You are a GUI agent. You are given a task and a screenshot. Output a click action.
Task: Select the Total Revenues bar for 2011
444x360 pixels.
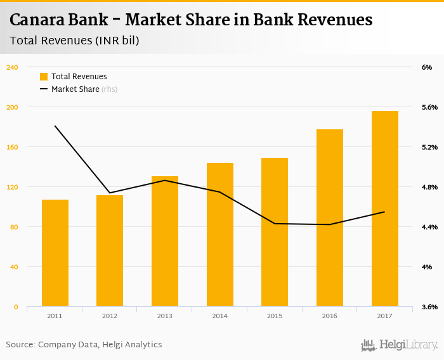pyautogui.click(x=55, y=253)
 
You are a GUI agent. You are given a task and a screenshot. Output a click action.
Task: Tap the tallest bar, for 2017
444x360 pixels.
pyautogui.click(x=385, y=209)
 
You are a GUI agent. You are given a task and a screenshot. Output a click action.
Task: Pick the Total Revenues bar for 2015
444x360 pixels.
pyautogui.click(x=275, y=232)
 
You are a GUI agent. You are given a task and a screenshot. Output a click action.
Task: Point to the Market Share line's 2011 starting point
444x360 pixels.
pyautogui.click(x=55, y=126)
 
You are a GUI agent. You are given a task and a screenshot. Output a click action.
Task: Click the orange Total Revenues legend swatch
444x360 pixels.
pyautogui.click(x=44, y=77)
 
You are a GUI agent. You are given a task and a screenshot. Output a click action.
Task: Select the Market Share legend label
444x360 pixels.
pyautogui.click(x=75, y=89)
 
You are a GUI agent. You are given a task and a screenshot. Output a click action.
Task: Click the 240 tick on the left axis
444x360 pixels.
pyautogui.click(x=12, y=67)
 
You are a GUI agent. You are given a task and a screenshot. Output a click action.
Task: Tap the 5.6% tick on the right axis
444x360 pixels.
pyautogui.click(x=429, y=107)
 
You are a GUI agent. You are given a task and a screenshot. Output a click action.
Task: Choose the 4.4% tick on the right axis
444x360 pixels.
pyautogui.click(x=429, y=227)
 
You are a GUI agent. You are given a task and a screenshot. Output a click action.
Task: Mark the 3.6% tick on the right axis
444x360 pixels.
pyautogui.click(x=429, y=307)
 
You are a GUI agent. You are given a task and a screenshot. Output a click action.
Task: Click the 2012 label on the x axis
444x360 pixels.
pyautogui.click(x=110, y=316)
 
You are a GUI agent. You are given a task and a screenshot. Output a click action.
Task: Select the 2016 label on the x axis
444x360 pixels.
pyautogui.click(x=330, y=316)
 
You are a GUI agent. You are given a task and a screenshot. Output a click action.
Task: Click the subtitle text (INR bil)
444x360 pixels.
pyautogui.click(x=117, y=41)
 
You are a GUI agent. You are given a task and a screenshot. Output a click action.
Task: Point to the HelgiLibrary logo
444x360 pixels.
pyautogui.click(x=400, y=345)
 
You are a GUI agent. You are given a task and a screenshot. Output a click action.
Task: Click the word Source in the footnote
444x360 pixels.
pyautogui.click(x=20, y=345)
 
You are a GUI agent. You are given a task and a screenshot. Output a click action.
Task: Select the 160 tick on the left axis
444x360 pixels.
pyautogui.click(x=12, y=147)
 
